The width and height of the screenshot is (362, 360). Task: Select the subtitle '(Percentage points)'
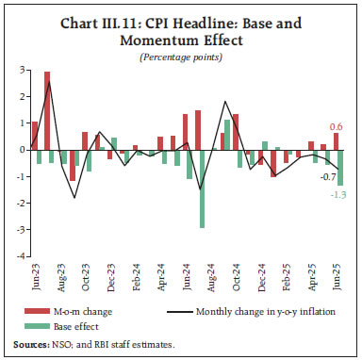click(180, 57)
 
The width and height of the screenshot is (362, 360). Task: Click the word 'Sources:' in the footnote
click(30, 346)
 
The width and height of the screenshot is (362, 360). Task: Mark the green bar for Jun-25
click(340, 167)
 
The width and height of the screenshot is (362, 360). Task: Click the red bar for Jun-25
click(335, 141)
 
